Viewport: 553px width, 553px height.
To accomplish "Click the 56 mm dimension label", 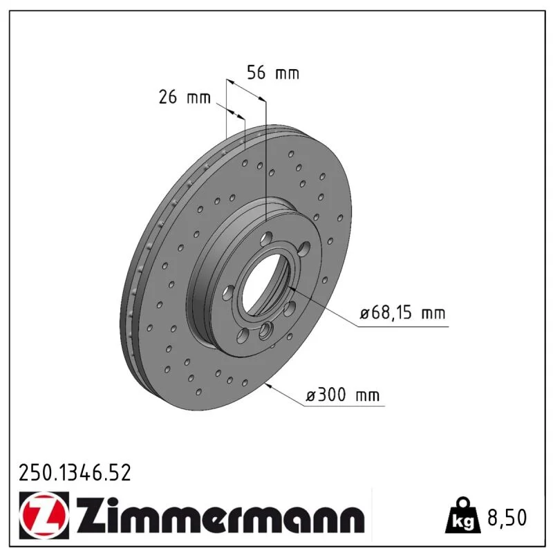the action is tap(273, 73).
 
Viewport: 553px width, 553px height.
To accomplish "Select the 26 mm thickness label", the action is tap(185, 97).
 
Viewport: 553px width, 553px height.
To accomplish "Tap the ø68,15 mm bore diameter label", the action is tap(402, 313).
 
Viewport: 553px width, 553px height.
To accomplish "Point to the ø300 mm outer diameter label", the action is tap(342, 395).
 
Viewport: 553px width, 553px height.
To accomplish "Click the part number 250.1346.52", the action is tap(75, 473).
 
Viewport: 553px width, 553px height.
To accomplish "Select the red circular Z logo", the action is tap(44, 514).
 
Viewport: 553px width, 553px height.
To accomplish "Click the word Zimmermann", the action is tap(220, 515).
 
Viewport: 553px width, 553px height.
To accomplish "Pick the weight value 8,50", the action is tap(507, 517).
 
